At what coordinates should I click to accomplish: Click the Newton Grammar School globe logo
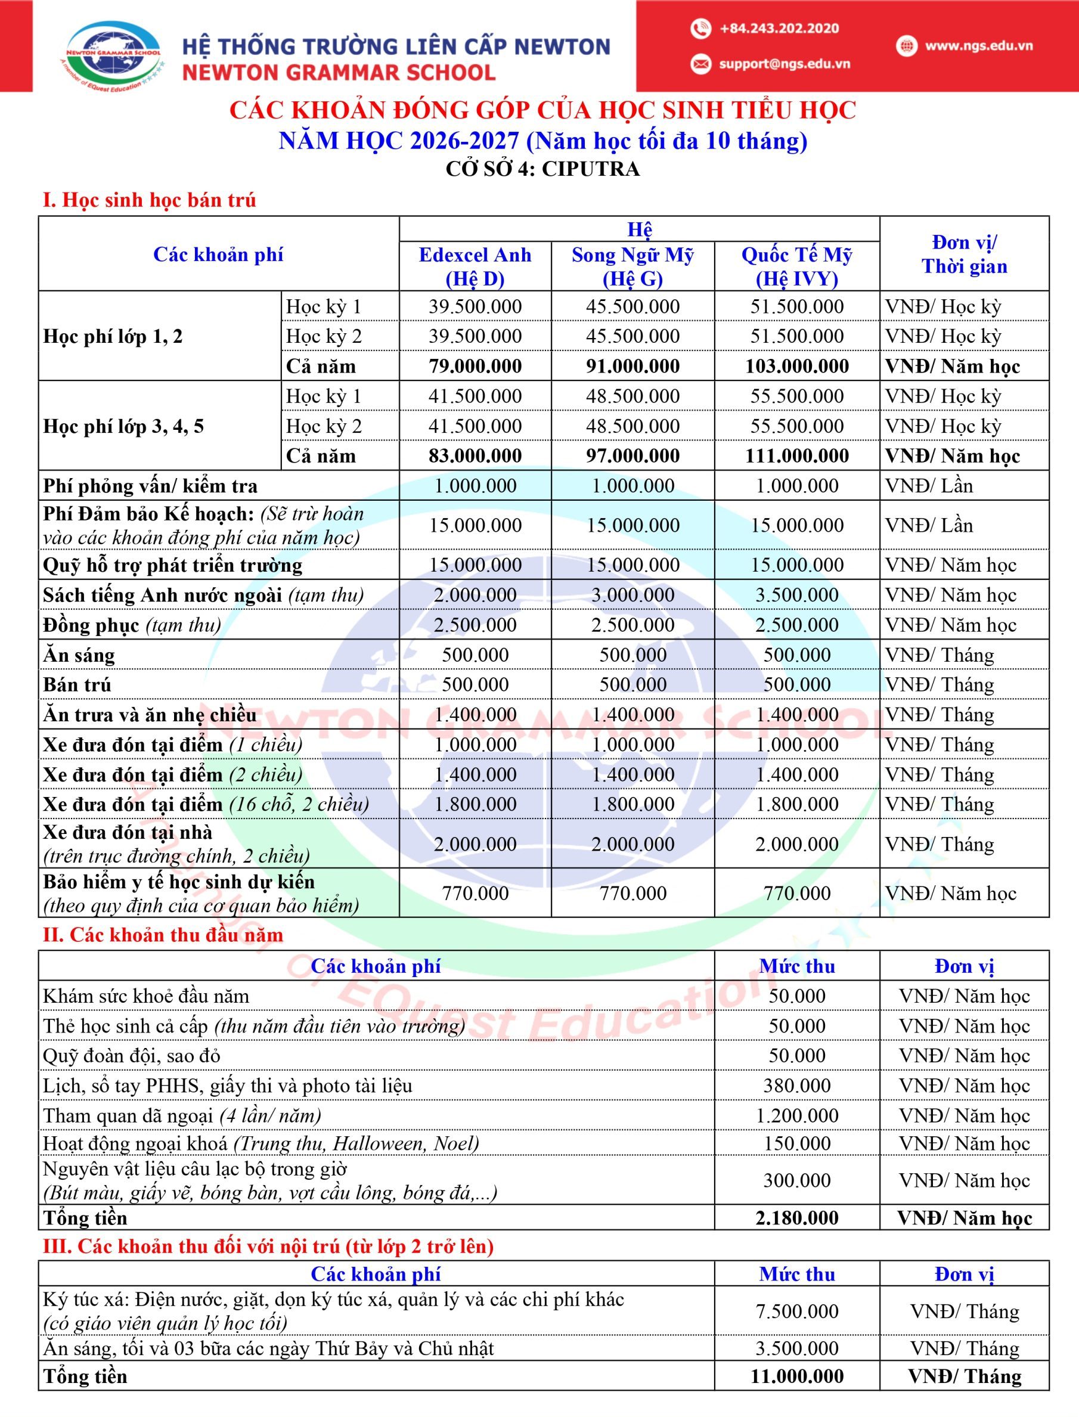(x=114, y=55)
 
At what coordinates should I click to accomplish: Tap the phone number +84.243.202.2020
(x=779, y=28)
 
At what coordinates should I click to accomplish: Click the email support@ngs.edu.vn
(x=783, y=64)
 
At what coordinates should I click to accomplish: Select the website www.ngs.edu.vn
(x=978, y=46)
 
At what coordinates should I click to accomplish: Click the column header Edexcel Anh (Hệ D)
(x=475, y=266)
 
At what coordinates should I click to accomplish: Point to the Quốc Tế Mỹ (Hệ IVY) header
(x=796, y=266)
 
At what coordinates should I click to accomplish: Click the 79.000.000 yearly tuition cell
(x=475, y=366)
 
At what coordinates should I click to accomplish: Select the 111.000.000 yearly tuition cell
(x=796, y=456)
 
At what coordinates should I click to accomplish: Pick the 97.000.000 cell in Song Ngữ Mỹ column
(x=632, y=456)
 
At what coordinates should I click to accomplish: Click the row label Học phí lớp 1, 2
(x=113, y=337)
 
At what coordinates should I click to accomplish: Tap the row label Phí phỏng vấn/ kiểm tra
(x=150, y=486)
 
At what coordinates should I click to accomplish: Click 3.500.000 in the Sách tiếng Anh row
(x=796, y=595)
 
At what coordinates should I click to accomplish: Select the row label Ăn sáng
(x=79, y=655)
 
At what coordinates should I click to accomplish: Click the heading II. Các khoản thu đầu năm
(x=163, y=935)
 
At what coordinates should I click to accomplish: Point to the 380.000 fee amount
(x=796, y=1086)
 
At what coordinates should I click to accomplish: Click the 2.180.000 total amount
(x=796, y=1218)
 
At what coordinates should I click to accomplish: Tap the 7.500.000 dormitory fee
(x=796, y=1311)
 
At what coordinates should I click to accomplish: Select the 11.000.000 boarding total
(x=796, y=1376)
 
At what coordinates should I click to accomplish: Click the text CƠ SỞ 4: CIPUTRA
(x=542, y=169)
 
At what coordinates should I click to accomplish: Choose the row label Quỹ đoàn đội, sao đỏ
(x=132, y=1055)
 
